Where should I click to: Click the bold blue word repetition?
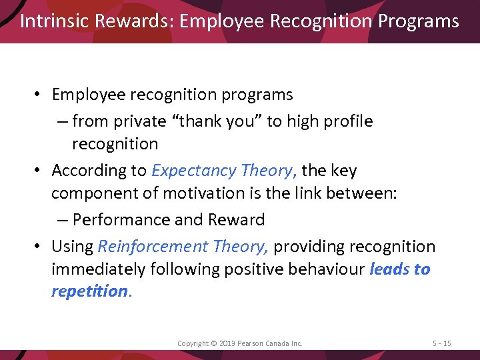(89, 291)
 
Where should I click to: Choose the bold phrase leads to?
(399, 269)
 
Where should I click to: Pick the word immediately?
(93, 269)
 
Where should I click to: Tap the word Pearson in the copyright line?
(254, 343)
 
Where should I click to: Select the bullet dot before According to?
(40, 171)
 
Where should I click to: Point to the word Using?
(72, 247)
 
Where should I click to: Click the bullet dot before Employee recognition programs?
(40, 95)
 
